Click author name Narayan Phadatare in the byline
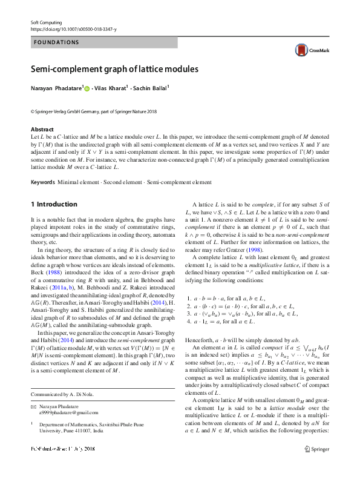[56, 88]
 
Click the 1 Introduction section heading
[54, 204]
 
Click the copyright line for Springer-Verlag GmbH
[93, 111]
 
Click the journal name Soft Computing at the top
[46, 22]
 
